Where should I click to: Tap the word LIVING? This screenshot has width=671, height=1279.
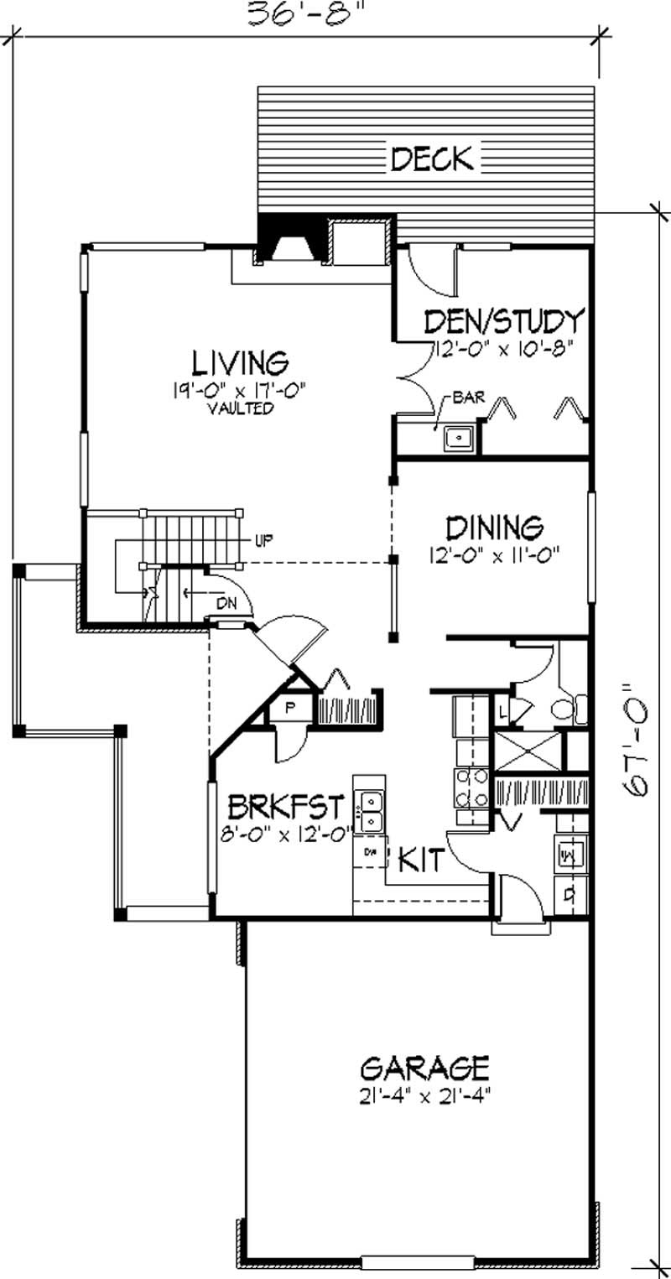241,362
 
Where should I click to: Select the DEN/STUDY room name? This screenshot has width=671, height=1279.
503,321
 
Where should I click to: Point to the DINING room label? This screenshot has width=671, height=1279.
494,528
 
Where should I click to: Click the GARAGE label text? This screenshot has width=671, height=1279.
424,1068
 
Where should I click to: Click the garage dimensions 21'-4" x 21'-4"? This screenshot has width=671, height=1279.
424,1095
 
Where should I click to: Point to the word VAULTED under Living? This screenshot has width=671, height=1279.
242,409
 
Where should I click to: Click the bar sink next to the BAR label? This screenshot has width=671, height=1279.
459,439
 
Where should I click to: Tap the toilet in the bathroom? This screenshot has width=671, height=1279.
578,710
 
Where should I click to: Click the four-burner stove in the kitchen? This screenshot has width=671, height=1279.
470,788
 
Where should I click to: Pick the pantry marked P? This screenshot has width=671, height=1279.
290,707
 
